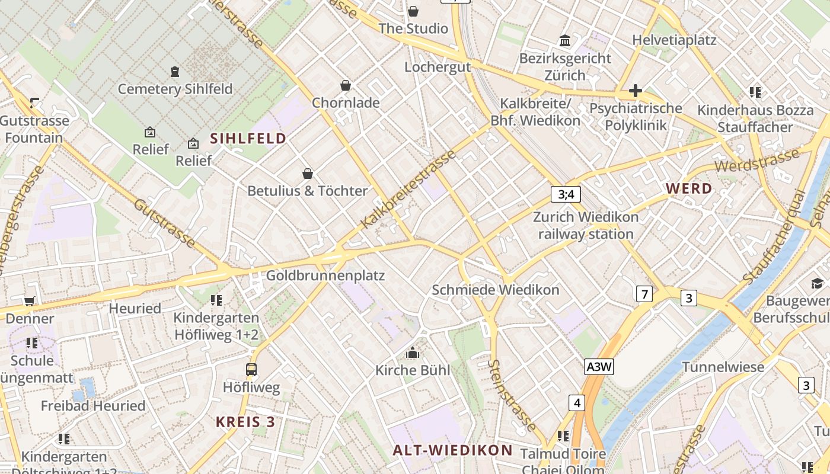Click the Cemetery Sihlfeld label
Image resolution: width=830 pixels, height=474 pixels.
(175, 89)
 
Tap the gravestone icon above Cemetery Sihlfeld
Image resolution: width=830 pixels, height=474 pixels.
(175, 72)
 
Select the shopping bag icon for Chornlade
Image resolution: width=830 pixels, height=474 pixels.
(346, 86)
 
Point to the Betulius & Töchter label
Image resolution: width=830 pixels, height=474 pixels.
(308, 191)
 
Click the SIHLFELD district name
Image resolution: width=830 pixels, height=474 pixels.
(248, 139)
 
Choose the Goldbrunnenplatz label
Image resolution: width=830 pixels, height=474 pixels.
(325, 276)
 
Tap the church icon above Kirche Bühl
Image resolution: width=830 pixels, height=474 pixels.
(413, 353)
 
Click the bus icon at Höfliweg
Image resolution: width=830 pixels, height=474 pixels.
(251, 370)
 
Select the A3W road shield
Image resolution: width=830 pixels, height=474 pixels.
(598, 367)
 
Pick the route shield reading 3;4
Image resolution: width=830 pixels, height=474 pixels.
(566, 194)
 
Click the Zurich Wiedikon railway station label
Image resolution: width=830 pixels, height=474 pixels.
(586, 226)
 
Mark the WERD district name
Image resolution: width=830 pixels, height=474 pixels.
(689, 189)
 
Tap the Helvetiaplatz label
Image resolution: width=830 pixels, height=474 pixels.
(674, 40)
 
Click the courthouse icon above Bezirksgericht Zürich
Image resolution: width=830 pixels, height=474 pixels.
(565, 41)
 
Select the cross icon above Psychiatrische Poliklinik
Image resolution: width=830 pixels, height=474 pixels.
(636, 91)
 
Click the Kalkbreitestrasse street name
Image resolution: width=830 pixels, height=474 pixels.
(408, 189)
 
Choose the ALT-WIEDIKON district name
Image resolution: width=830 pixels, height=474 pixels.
(452, 450)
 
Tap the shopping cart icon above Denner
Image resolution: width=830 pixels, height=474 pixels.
(29, 301)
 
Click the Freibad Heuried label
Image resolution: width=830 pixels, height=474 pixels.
(93, 406)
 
